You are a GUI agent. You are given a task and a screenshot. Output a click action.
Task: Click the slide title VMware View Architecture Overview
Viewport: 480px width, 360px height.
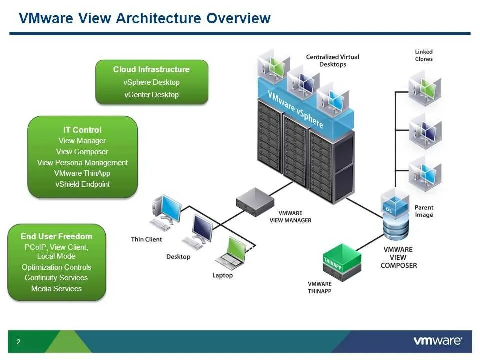point(144,18)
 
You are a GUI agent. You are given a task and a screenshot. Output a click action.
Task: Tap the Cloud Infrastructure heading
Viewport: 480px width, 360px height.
point(151,69)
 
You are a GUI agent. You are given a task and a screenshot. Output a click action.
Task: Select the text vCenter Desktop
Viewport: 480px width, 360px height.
point(151,94)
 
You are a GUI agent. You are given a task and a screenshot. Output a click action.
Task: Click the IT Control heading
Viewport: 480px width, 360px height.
point(82,130)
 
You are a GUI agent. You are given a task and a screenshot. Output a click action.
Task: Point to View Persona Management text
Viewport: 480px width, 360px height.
point(82,162)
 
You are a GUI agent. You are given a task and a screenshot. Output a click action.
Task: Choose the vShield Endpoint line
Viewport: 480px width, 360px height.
point(82,184)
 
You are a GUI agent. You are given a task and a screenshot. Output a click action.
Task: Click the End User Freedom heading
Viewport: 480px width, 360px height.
point(56,236)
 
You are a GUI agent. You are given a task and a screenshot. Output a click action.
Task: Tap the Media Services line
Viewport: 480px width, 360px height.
point(56,288)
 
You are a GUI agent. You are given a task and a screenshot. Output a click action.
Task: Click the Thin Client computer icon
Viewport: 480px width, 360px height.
point(166,212)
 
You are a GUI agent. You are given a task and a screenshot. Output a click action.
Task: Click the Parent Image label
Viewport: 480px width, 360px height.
point(424,211)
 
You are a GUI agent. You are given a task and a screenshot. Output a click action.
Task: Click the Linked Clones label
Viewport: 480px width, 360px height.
point(424,55)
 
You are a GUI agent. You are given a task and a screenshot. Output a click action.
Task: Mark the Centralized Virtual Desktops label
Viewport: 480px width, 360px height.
point(332,60)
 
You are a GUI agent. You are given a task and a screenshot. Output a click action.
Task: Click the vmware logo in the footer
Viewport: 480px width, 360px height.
point(437,341)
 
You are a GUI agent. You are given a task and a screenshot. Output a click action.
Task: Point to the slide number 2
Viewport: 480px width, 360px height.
point(18,342)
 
